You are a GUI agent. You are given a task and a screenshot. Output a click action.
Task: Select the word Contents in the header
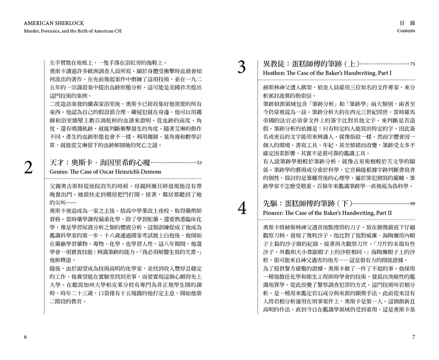click(x=406, y=31)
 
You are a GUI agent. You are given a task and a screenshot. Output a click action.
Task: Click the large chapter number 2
click(x=29, y=168)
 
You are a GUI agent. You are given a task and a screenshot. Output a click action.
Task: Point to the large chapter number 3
click(x=241, y=68)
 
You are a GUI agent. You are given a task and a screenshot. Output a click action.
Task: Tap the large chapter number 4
click(x=241, y=208)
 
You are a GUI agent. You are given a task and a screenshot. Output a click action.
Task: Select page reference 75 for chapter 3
click(x=412, y=64)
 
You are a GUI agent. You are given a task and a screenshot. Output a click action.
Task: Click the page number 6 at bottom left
click(x=25, y=337)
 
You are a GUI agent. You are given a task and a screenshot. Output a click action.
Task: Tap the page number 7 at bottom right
click(x=413, y=337)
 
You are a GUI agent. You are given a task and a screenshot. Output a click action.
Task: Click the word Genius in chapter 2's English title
click(x=60, y=172)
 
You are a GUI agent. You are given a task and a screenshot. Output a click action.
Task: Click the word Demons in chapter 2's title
click(x=151, y=172)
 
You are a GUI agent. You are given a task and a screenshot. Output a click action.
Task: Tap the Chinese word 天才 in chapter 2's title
click(x=58, y=163)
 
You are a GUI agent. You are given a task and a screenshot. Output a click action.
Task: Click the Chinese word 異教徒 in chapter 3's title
click(x=273, y=64)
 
